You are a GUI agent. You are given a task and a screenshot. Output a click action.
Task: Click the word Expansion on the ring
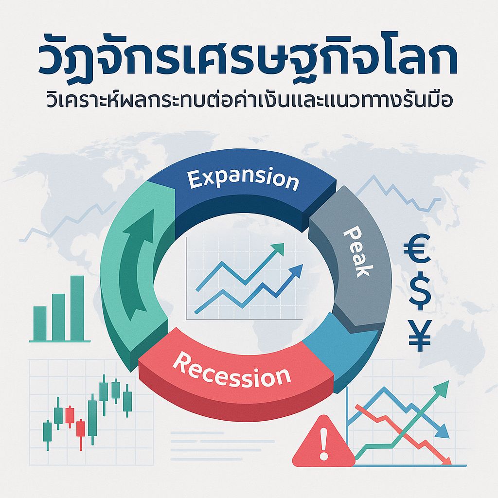pos(243,179)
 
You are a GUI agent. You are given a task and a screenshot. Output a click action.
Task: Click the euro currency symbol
pos(417,248)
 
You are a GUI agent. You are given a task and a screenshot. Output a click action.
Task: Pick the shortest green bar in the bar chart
pos(39,323)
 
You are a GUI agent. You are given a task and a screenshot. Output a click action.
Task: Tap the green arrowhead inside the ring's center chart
pos(279,249)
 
